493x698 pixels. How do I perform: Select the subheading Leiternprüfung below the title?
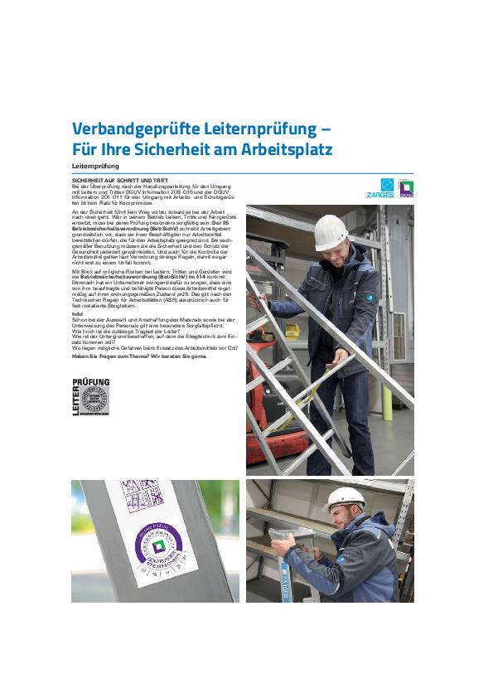point(96,167)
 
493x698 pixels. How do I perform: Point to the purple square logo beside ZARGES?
point(405,189)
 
